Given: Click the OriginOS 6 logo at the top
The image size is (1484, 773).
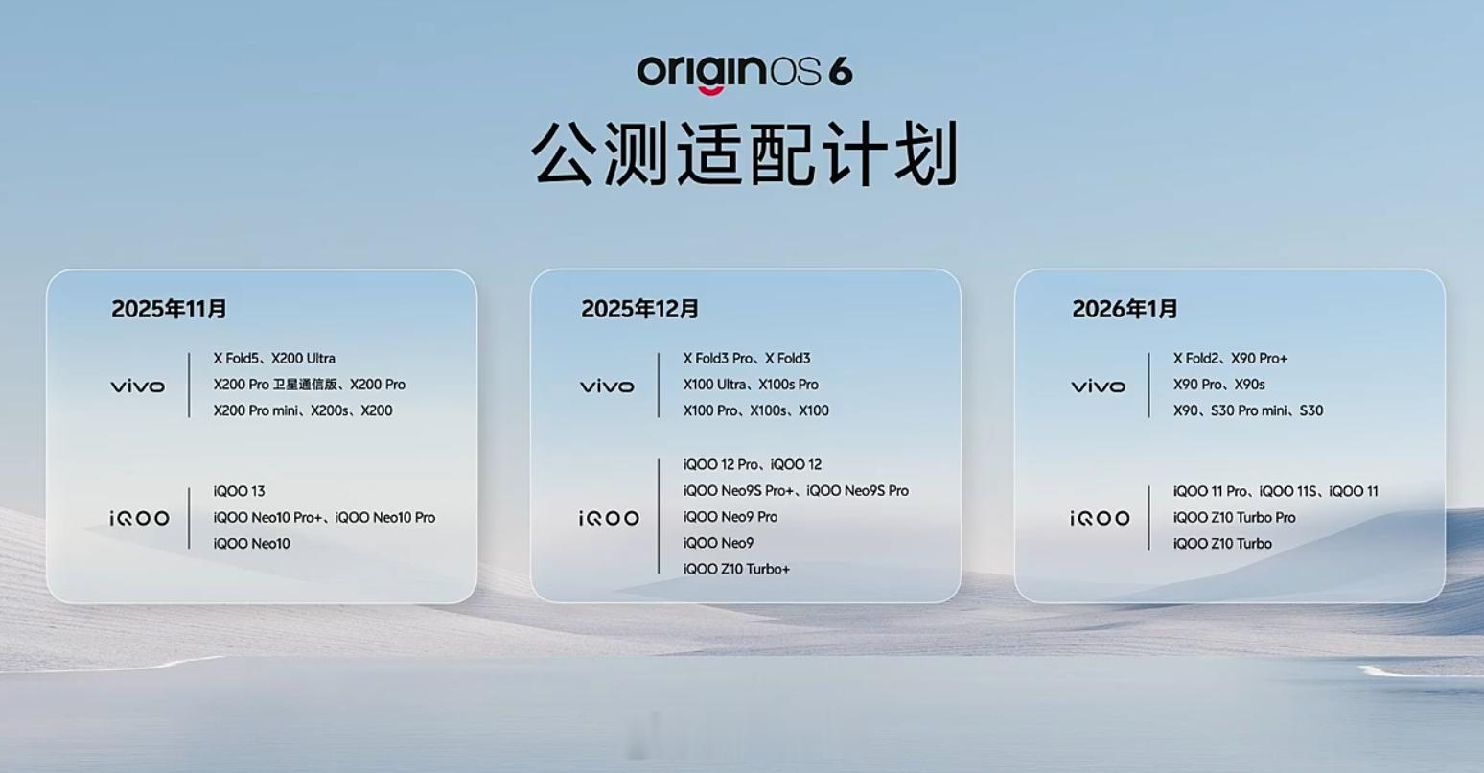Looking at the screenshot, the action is [745, 72].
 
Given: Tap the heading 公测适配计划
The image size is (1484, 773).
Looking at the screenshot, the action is [745, 154].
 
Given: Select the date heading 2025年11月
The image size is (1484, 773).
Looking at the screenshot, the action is [169, 309].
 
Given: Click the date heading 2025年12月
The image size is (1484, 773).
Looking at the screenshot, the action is [640, 309].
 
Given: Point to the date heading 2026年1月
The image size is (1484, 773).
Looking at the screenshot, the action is [1125, 309].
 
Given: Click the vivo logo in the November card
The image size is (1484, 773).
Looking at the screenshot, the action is [138, 386].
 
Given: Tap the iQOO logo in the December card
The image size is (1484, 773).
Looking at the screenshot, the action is [609, 518].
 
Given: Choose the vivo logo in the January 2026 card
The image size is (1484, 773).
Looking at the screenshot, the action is [1099, 386].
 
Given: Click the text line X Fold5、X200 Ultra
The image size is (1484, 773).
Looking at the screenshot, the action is [274, 359].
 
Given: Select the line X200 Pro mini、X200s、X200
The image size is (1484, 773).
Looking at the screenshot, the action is [303, 411].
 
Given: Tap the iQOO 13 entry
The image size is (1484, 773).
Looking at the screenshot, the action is [239, 491].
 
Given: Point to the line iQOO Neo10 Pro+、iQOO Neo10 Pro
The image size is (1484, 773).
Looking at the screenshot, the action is [325, 517].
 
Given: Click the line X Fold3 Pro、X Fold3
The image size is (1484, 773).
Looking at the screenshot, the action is [747, 359].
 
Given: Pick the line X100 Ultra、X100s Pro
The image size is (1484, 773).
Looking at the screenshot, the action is [751, 385].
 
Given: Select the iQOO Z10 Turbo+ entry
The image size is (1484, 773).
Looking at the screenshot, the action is [736, 569].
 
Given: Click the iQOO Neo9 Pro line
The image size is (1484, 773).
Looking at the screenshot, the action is [730, 516].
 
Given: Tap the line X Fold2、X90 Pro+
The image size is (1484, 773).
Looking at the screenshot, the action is [1230, 359].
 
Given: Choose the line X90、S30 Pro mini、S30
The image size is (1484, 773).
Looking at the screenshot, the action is [1248, 411].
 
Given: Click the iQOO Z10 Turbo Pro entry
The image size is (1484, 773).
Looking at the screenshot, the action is [1234, 517].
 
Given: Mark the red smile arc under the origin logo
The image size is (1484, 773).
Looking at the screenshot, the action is [710, 91].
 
